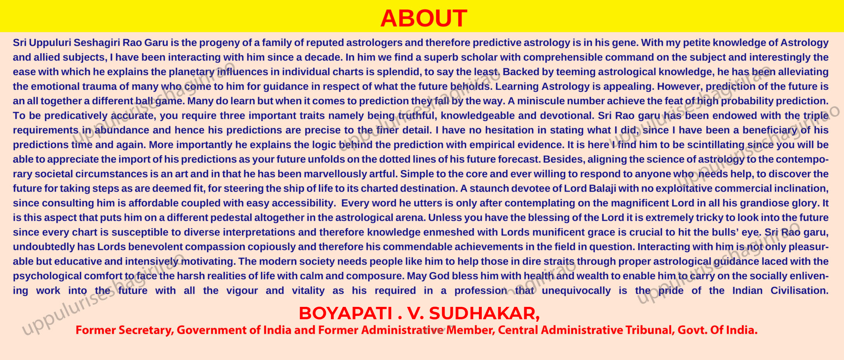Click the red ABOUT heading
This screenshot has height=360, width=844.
click(424, 19)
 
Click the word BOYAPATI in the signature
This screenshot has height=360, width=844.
click(345, 313)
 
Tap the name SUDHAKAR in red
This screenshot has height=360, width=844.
click(485, 314)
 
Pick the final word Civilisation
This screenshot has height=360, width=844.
click(799, 290)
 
